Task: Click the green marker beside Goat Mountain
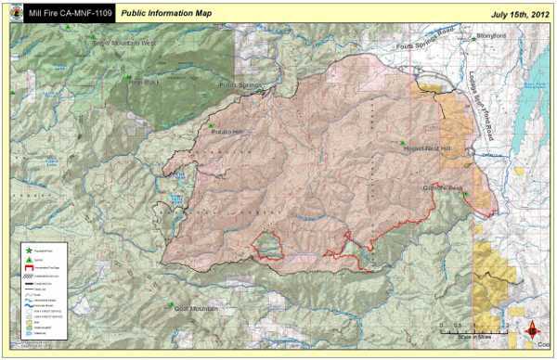170,305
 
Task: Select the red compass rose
534,329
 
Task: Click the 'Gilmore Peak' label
436,189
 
